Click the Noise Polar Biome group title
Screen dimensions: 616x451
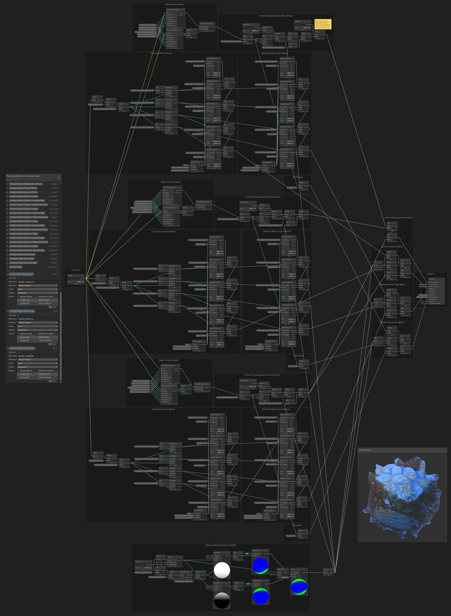174,4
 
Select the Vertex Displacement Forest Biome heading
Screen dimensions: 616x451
263,197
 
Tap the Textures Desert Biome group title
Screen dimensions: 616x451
163,409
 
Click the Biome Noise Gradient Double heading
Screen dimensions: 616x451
221,545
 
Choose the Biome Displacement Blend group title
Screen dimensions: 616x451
399,218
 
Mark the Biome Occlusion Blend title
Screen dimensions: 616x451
392,322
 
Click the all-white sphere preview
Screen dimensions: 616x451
222,570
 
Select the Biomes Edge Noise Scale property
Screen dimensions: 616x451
22,259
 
